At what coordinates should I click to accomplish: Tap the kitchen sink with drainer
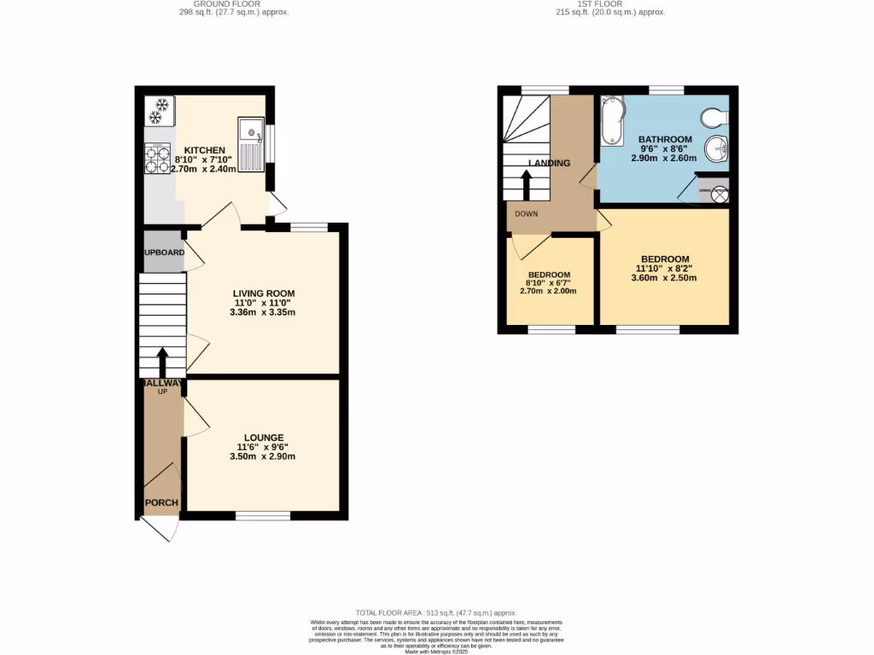tap(253, 144)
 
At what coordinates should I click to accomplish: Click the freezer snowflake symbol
tap(160, 109)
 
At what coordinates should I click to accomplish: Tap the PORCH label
tap(160, 502)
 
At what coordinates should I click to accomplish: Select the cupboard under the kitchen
tap(163, 253)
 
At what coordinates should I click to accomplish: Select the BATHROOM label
tap(665, 139)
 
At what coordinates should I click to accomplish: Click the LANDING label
tap(549, 163)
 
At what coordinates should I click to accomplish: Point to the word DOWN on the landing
tap(526, 214)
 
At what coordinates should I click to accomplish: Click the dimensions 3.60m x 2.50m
tap(664, 277)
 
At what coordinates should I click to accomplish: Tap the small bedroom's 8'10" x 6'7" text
tap(547, 283)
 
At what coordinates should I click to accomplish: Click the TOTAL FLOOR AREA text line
tap(436, 613)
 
